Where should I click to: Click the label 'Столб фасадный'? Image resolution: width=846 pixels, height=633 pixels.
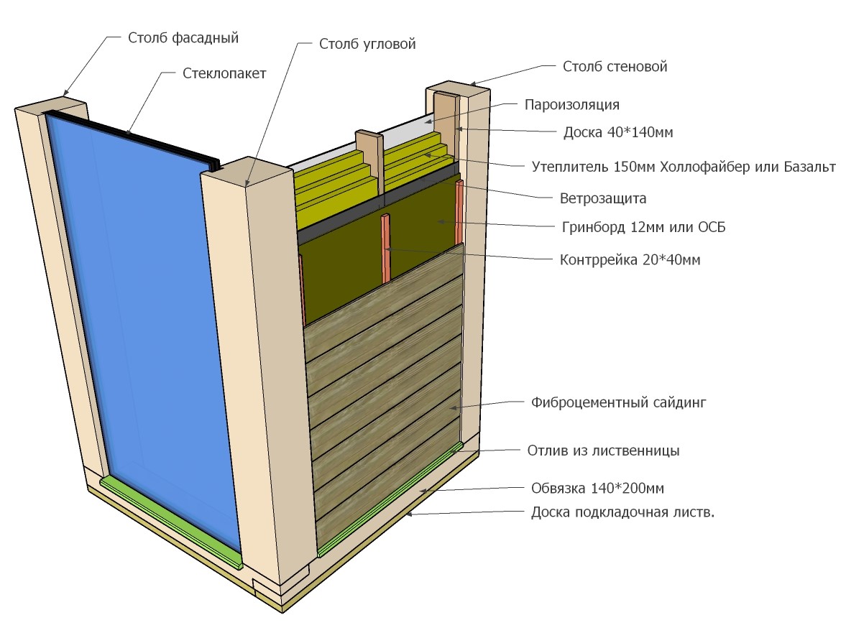pos(183,38)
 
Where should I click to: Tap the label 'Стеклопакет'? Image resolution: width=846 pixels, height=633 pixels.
pos(224,73)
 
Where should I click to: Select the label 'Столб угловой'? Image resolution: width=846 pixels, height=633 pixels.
pos(367,45)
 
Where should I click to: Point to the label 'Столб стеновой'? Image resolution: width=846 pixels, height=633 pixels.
pos(615,66)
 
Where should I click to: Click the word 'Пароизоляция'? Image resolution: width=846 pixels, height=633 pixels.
pos(572,105)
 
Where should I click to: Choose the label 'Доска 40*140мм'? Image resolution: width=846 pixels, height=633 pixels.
pos(618,132)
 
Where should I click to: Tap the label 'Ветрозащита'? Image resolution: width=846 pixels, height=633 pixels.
pos(603,198)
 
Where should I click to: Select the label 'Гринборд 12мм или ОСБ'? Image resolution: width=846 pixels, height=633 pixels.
pos(644,227)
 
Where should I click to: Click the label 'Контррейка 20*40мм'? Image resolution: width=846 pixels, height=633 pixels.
pos(630,260)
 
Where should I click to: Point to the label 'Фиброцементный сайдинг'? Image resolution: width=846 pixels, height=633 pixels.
pos(618,403)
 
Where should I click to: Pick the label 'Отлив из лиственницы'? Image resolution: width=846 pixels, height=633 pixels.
pos(603,451)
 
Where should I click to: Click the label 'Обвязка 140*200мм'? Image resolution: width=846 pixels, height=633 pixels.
pos(598,489)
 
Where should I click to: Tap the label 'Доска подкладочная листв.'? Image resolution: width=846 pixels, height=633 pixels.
pos(622,512)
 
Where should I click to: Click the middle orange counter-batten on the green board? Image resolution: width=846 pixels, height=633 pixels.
pos(386,248)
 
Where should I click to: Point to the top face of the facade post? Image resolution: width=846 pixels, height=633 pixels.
pos(51,106)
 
